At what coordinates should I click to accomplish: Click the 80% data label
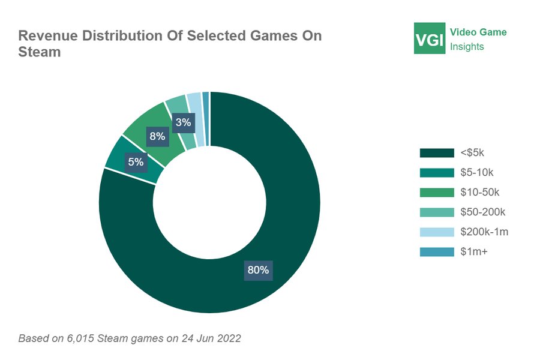(258, 270)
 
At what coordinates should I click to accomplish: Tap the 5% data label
(136, 161)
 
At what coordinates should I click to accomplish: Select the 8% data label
(158, 136)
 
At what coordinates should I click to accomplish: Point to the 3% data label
(184, 123)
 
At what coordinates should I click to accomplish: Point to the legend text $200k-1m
(484, 232)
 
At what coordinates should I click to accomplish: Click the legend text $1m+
(474, 252)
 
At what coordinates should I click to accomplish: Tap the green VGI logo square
(430, 38)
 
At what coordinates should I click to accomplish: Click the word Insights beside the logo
(467, 47)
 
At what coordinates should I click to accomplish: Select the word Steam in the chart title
(40, 52)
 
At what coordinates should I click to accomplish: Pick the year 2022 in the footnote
(229, 338)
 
